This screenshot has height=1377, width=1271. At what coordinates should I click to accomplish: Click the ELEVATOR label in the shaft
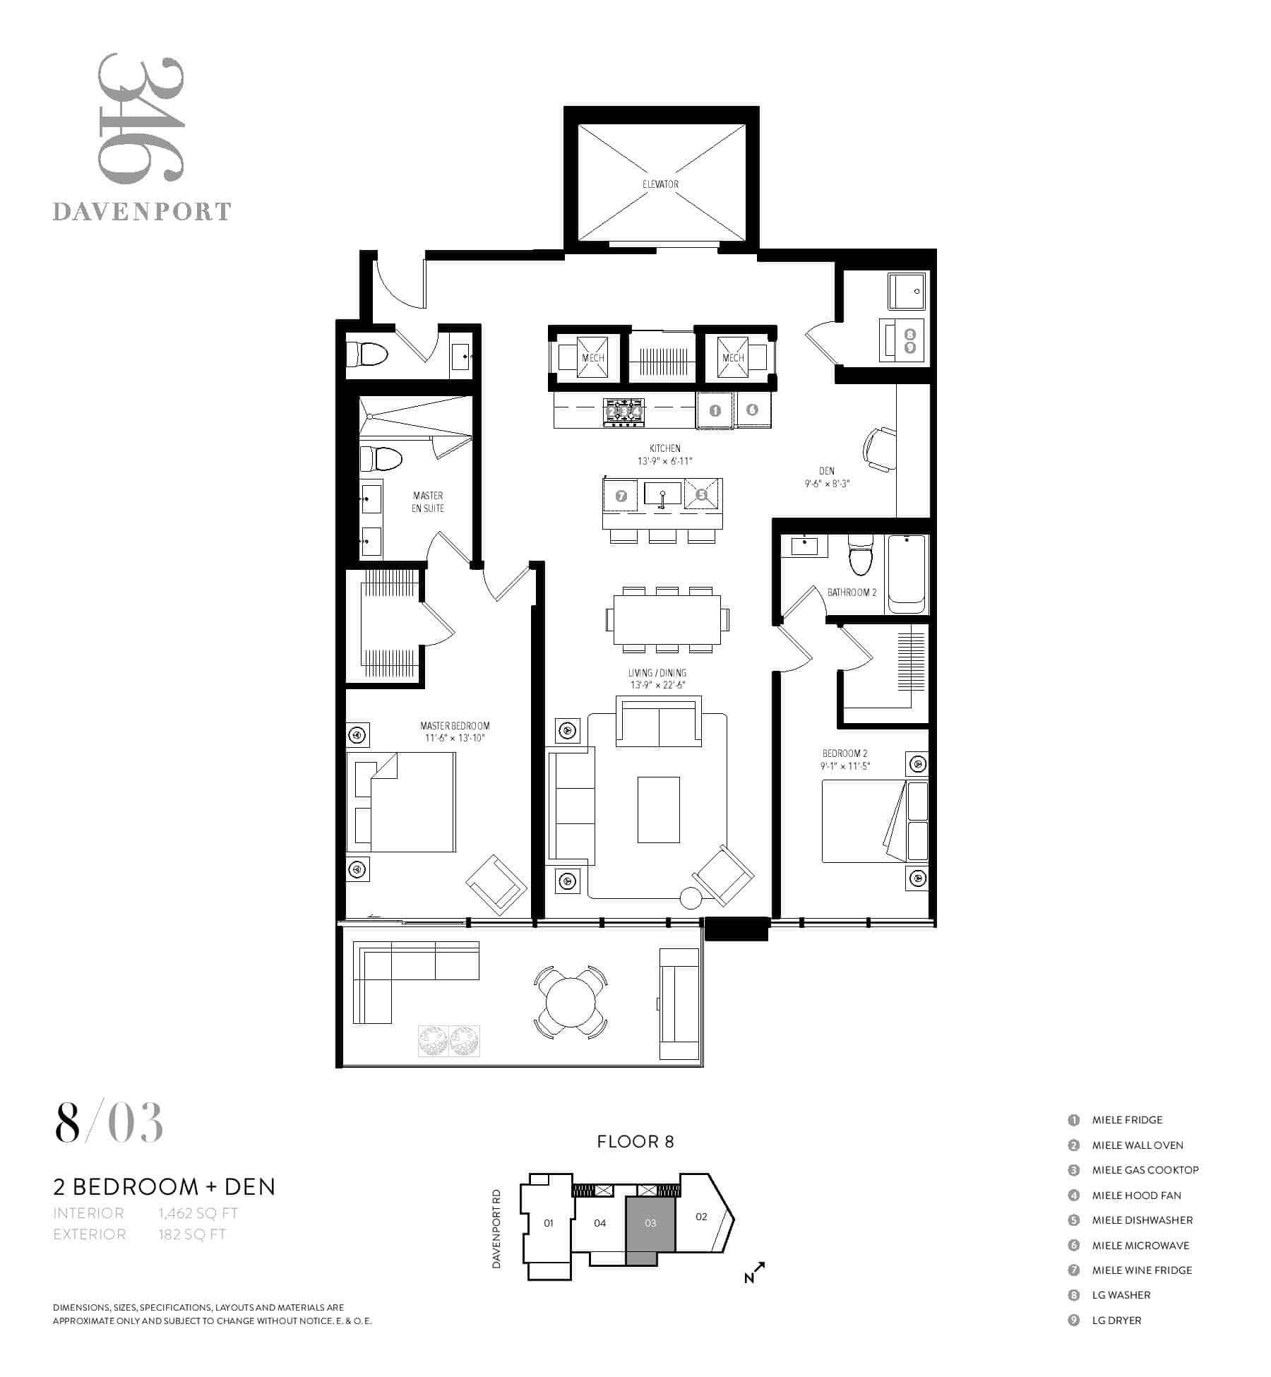tap(660, 184)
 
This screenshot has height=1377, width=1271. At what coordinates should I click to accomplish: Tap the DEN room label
tap(827, 471)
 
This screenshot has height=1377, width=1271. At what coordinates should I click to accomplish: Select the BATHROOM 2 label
tap(852, 592)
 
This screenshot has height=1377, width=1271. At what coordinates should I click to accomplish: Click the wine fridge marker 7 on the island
tap(621, 496)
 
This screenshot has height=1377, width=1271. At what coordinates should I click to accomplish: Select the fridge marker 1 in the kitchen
tap(715, 410)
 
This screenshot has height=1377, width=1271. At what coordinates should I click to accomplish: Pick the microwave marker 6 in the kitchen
tap(752, 409)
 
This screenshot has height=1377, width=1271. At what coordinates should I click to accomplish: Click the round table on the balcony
tap(571, 1001)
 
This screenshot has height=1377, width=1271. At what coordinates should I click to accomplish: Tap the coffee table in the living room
tap(659, 810)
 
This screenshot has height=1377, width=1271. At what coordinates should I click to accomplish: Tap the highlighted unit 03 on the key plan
tap(651, 1223)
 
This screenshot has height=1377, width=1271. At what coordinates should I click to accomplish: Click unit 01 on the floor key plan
tap(549, 1223)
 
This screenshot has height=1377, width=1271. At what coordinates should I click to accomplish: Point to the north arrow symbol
tap(755, 1272)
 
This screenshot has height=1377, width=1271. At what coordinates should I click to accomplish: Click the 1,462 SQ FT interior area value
tap(198, 1213)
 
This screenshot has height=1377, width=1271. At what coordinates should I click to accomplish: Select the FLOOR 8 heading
tap(635, 1142)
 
